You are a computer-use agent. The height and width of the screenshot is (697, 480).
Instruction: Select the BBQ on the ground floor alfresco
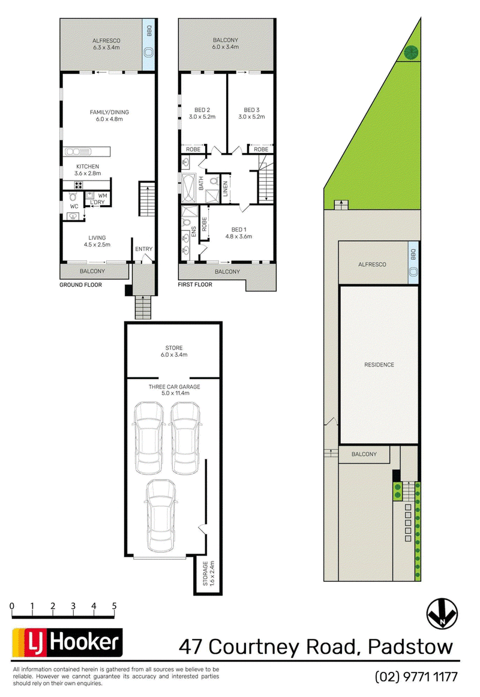coord(149,46)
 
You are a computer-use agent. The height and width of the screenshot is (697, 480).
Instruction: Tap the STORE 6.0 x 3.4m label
coord(174,351)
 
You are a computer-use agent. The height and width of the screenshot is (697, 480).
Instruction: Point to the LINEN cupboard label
coord(225,189)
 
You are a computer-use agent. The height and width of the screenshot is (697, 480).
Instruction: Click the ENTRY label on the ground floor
coord(143,249)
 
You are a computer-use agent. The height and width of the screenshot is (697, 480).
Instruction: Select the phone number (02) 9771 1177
coord(416,677)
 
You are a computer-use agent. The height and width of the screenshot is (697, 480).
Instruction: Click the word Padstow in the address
coord(410,647)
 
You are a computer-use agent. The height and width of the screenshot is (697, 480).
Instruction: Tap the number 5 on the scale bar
coord(114,606)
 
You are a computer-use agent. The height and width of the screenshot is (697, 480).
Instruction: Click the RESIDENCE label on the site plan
coord(379,365)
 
